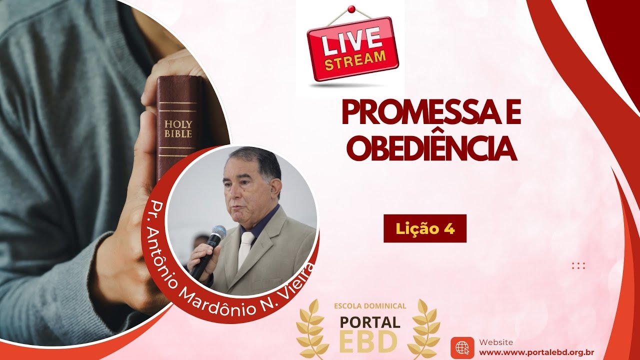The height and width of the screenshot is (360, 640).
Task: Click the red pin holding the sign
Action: (x=351, y=9)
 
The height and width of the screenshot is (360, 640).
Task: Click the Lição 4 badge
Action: (x=425, y=228)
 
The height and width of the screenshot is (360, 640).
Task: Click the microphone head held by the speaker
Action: (x=217, y=232)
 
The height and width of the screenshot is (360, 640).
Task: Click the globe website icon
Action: (x=462, y=347)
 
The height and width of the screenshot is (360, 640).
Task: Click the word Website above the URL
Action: (x=495, y=342)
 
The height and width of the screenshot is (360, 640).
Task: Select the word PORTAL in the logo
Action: (x=370, y=322)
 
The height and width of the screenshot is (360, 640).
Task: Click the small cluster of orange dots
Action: (x=578, y=265)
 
